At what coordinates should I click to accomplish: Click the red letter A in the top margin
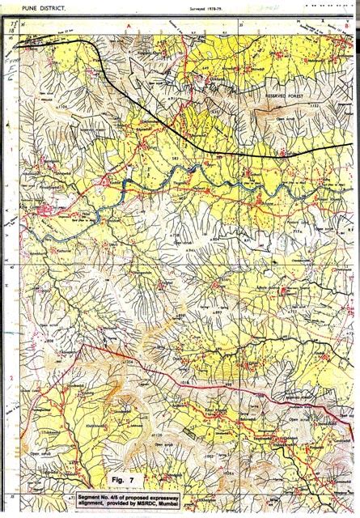[128, 27]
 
